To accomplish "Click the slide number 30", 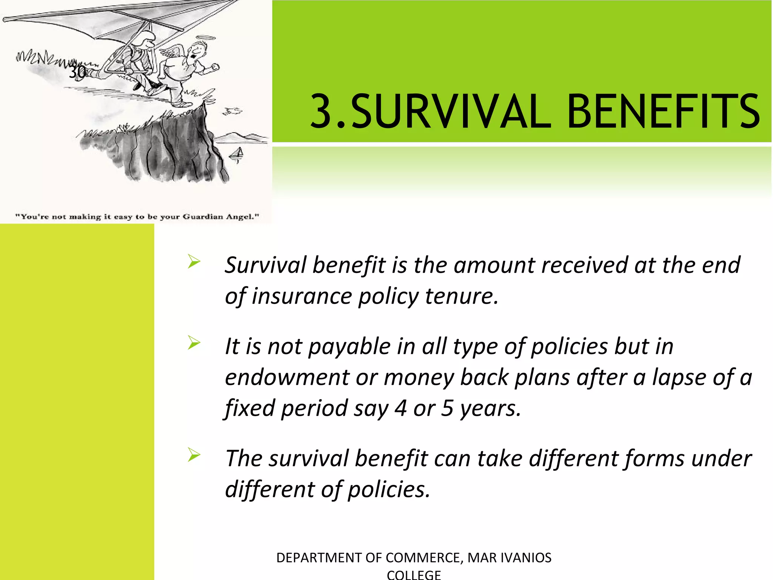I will point(77,72).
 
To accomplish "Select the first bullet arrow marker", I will point(194,261).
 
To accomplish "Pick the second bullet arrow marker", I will point(194,342).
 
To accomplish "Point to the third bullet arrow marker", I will point(194,455).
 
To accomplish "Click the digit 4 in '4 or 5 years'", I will point(400,408).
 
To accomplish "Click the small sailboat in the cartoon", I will point(238,154).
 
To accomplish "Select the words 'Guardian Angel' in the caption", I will point(221,217).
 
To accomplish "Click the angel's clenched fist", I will point(215,67).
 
